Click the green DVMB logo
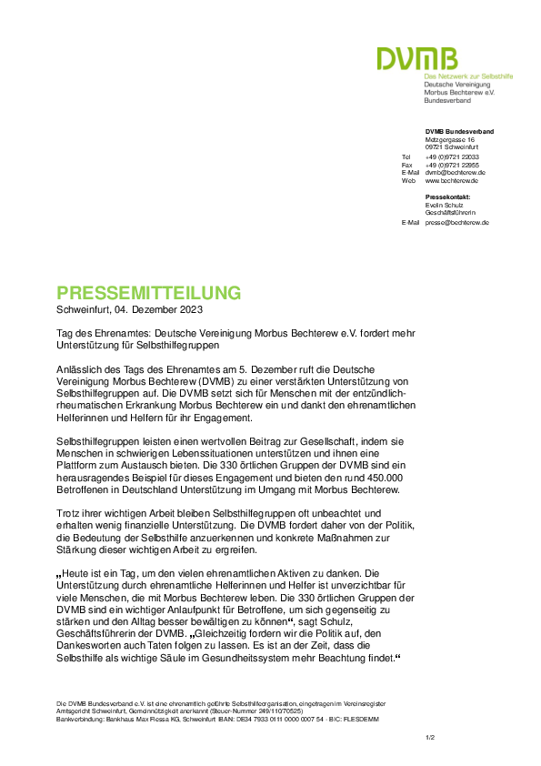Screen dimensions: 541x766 417,58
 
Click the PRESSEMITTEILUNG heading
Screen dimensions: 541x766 149,293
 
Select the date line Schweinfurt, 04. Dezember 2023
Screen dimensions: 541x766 129,309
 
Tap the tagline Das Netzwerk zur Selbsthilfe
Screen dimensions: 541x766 468,76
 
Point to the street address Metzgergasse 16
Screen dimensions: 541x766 450,140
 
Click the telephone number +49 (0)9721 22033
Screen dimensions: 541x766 452,157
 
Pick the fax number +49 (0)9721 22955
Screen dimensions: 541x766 452,166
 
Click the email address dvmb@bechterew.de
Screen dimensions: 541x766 455,173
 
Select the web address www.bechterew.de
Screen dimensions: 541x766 452,181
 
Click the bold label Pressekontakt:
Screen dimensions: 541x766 447,197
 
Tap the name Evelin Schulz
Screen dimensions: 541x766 445,206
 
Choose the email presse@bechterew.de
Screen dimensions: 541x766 457,223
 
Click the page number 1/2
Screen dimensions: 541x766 430,738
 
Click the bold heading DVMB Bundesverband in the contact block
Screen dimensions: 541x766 459,131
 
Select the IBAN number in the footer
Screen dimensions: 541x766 277,720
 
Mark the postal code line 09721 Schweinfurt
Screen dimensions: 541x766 452,147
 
